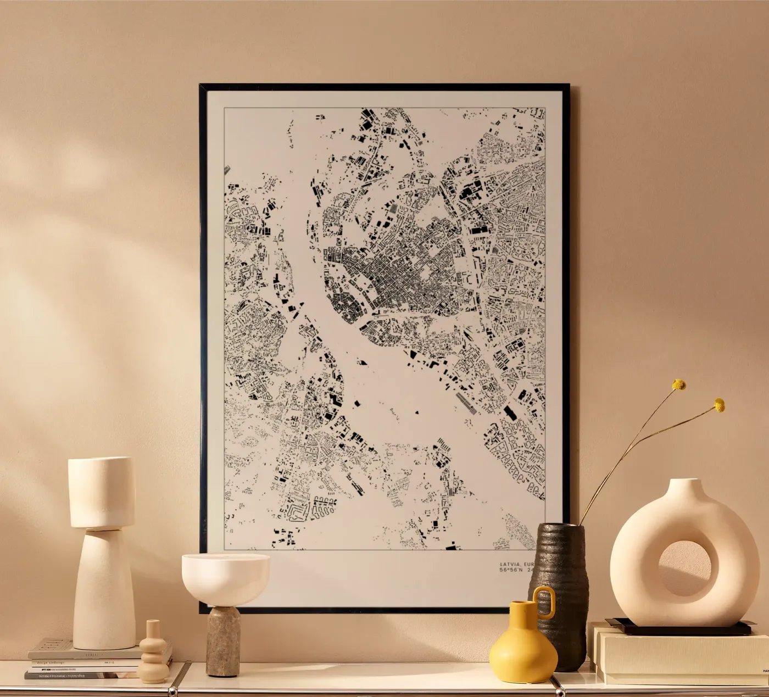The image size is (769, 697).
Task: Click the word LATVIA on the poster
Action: [510, 564]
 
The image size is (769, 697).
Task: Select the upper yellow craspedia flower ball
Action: [679, 384]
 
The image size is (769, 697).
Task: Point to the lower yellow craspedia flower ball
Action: [719, 405]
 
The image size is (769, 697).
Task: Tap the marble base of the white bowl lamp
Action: [223, 640]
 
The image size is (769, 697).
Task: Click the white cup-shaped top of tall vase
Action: [102, 492]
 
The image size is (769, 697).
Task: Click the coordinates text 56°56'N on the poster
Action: [511, 570]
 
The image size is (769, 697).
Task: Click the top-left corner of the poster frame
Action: [201, 86]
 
